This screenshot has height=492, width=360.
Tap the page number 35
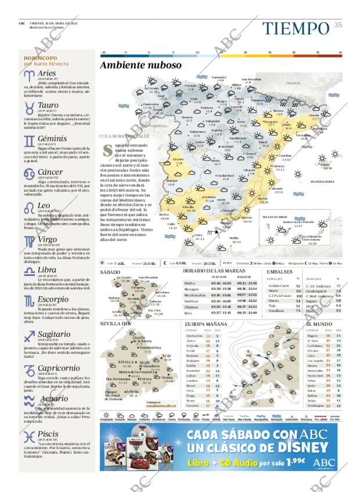[337, 24]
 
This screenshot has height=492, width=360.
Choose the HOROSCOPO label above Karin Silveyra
[40, 58]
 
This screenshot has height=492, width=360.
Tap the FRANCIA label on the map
[293, 83]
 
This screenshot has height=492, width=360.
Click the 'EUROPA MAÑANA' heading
[206, 324]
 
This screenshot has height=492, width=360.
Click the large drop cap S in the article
[106, 149]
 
